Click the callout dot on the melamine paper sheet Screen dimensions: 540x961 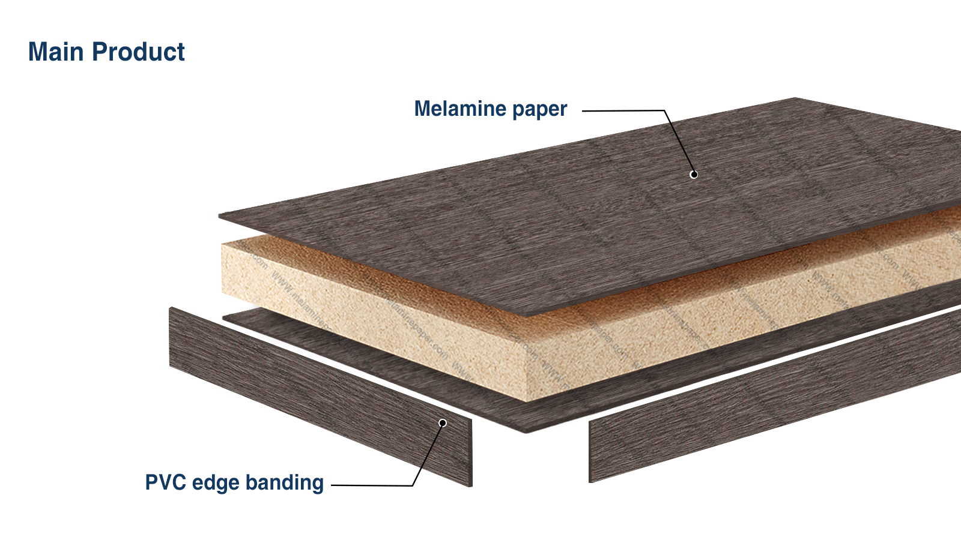[694, 175]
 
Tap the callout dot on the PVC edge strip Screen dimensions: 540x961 [443, 423]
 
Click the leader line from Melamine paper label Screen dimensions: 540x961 [625, 110]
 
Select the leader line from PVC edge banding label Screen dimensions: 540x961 [372, 485]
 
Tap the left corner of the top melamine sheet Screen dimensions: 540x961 [220, 215]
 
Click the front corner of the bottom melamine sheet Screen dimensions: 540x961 [526, 431]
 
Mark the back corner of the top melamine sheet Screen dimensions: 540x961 [795, 98]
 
